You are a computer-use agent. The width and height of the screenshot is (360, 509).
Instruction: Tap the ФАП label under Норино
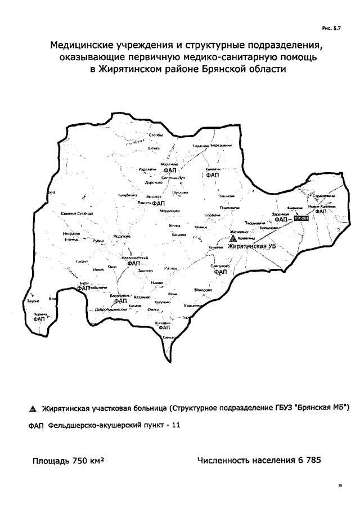(39, 319)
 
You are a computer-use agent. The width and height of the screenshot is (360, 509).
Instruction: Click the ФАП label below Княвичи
(213, 175)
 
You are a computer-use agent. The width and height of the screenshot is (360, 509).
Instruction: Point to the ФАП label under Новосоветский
(133, 263)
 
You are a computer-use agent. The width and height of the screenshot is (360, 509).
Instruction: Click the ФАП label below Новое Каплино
(320, 212)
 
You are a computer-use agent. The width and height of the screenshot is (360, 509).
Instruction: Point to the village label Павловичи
(227, 208)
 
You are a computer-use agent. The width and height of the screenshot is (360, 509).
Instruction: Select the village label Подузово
(121, 237)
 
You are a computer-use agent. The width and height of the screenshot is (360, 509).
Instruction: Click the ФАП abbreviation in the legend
(35, 426)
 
